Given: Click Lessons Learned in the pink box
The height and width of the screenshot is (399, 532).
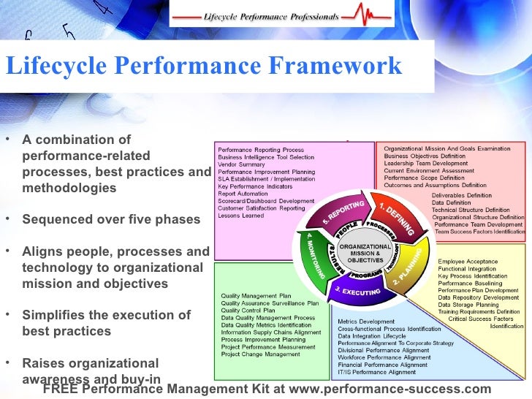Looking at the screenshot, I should tap(242, 216).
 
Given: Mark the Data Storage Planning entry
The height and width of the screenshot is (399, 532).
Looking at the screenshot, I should tap(468, 305).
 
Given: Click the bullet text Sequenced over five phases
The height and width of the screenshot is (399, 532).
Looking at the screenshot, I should tap(111, 219).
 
